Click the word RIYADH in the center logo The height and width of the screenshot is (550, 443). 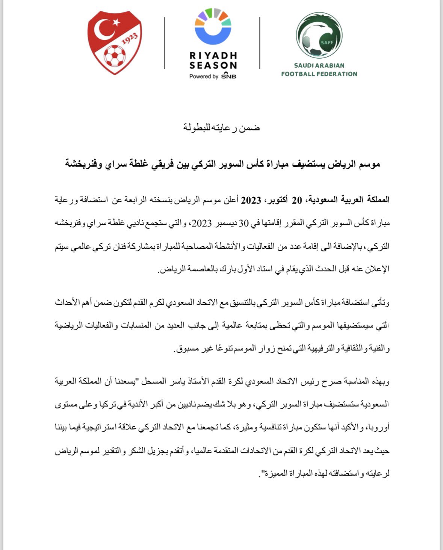click(x=213, y=56)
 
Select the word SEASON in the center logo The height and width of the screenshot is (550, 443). click(x=213, y=65)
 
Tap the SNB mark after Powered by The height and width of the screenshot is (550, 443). click(x=228, y=76)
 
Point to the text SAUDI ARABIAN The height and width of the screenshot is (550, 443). click(x=319, y=65)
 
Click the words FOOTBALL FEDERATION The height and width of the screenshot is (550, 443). click(x=319, y=74)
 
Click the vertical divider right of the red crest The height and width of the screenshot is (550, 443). click(x=165, y=43)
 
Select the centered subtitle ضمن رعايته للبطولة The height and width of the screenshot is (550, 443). click(x=222, y=128)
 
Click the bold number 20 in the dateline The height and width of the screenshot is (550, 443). click(x=297, y=200)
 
